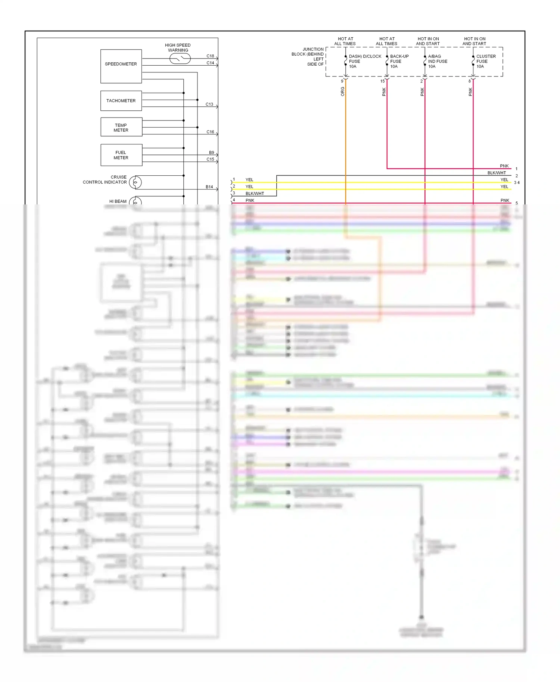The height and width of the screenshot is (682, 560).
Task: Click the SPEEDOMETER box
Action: pos(121,66)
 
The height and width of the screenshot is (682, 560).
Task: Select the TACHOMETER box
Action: pos(121,101)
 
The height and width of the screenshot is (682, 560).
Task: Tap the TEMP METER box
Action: pos(121,127)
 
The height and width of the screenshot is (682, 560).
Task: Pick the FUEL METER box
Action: pos(121,155)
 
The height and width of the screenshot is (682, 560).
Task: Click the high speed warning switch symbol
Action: pos(180,59)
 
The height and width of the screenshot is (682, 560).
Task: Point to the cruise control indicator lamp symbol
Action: pos(136,182)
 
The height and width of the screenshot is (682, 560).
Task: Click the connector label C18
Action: pos(210,56)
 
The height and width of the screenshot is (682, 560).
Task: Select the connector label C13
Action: pos(209,104)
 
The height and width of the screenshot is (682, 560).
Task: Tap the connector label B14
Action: pos(209,187)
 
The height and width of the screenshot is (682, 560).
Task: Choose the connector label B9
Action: pos(211,153)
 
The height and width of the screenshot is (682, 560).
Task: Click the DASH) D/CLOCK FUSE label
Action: pos(364,61)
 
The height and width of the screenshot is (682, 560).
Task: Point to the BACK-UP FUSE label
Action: pos(399,61)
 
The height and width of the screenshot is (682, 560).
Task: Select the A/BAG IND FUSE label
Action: pos(437,61)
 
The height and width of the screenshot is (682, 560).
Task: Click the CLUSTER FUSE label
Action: pos(485,61)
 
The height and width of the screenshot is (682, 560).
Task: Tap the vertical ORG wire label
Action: pos(342,91)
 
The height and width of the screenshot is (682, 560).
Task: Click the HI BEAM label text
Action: pos(118,201)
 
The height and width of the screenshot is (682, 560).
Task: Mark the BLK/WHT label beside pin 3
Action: pos(255,193)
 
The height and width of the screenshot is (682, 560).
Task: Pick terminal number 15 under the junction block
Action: pos(382,81)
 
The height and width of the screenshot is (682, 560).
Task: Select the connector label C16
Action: pos(210,132)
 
